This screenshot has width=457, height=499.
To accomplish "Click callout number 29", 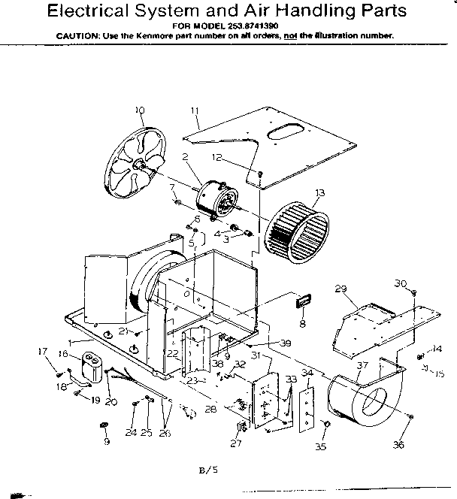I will pos(340,289).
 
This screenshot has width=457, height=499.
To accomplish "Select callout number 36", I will pos(398,444).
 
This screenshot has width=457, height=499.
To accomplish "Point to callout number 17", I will pos(41,351).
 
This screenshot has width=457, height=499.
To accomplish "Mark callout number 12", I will pos(216,157).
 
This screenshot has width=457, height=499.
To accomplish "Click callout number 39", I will pos(285,343).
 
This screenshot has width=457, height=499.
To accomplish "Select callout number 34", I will pos(306,372).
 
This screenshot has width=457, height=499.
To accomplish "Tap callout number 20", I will pos(110,402).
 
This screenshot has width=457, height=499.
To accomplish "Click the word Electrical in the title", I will pos(91,11).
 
